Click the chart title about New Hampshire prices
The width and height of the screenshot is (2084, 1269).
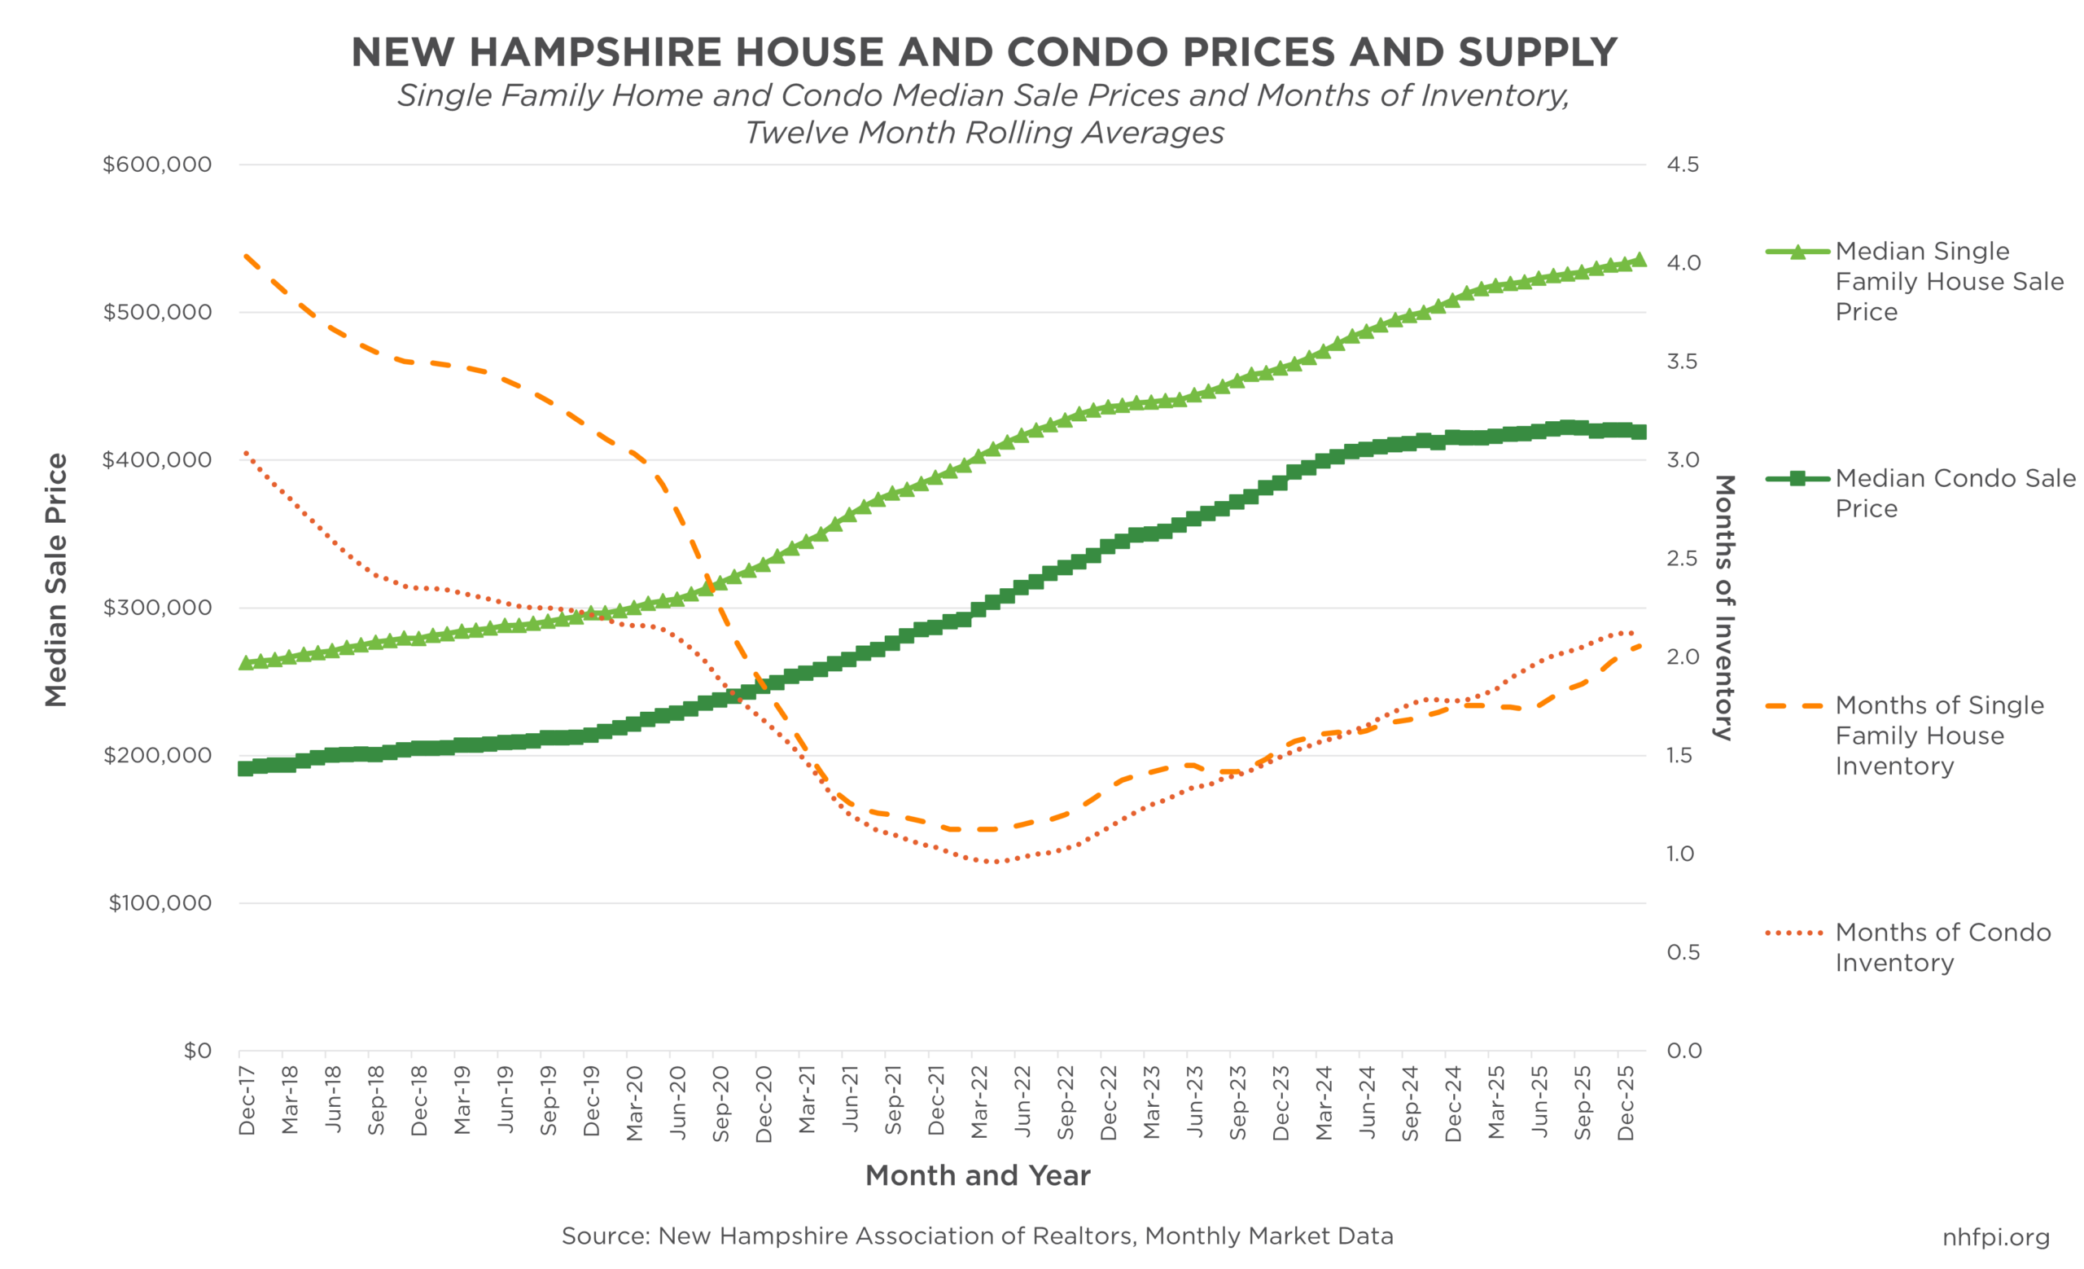[983, 52]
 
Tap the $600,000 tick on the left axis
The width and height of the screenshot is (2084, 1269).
[157, 165]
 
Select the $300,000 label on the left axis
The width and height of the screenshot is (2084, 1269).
[157, 608]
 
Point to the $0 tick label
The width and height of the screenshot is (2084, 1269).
[197, 1051]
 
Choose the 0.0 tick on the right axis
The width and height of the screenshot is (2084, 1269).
[1684, 1051]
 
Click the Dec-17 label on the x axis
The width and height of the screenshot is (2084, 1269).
[247, 1100]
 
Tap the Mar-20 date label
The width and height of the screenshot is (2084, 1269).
[635, 1103]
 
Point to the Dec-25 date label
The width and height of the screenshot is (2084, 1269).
[1626, 1103]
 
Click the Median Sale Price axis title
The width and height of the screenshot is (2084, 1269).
[56, 581]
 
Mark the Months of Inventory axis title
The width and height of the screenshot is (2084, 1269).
[1723, 608]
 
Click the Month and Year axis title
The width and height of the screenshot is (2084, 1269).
[978, 1176]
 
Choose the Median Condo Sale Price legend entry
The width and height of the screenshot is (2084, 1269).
[1954, 494]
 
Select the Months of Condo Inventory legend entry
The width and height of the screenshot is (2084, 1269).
[1942, 947]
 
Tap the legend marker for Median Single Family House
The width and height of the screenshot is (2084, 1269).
[1798, 251]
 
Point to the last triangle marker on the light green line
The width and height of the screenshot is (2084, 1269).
[1640, 260]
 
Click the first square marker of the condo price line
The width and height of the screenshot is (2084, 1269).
[244, 768]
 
